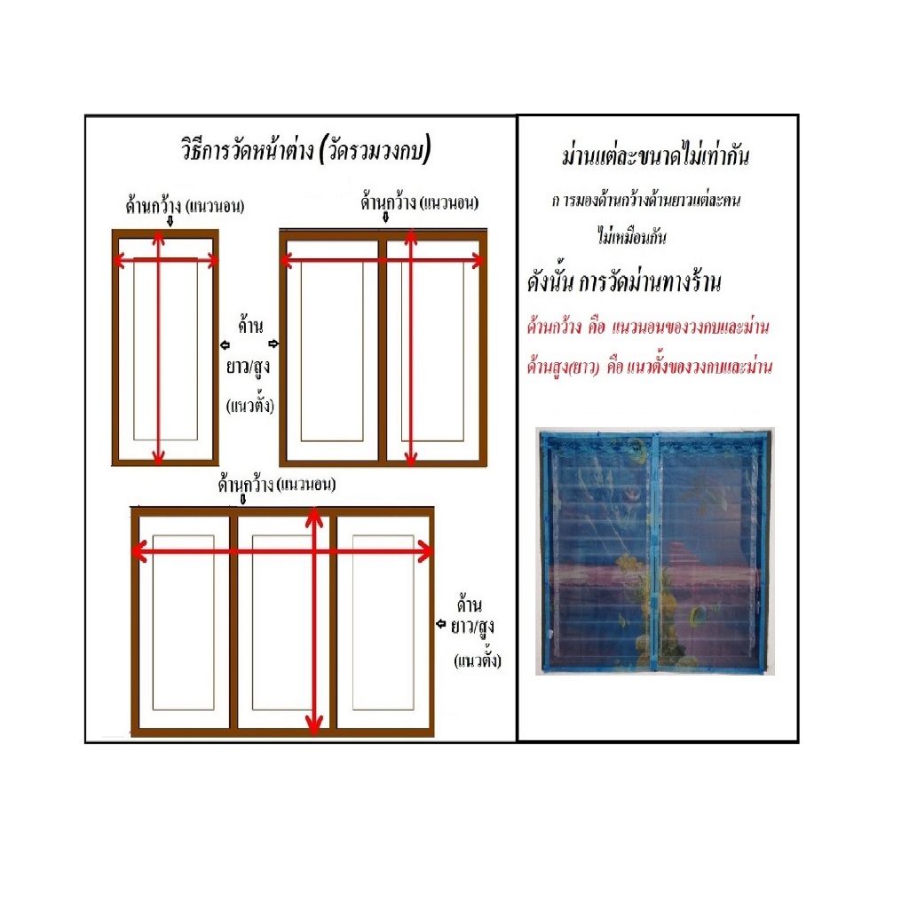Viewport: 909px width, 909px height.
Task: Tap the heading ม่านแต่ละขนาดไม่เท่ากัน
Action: point(656,156)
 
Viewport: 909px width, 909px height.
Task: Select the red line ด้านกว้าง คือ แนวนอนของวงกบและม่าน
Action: point(647,327)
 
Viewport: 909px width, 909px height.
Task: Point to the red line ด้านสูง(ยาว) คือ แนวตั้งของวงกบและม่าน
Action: point(649,367)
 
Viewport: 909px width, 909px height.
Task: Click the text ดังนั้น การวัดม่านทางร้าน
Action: point(624,282)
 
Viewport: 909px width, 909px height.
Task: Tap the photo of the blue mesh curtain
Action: point(655,551)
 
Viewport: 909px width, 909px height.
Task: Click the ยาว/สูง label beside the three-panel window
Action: point(472,627)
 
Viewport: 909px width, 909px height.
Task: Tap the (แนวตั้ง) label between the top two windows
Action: point(249,405)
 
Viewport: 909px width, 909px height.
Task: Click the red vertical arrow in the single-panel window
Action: point(158,348)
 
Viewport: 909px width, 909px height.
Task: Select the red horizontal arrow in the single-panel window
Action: point(165,260)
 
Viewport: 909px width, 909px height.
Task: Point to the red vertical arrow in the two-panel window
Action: point(411,347)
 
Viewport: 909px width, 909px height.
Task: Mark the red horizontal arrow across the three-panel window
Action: point(282,551)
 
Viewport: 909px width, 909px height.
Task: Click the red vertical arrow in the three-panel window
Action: point(313,621)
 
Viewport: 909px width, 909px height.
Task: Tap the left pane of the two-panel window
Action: point(332,351)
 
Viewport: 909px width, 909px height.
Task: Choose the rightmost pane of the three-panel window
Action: point(383,622)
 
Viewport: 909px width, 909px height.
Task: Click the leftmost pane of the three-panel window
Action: point(184,622)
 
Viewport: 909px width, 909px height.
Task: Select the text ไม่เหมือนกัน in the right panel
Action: point(632,236)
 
